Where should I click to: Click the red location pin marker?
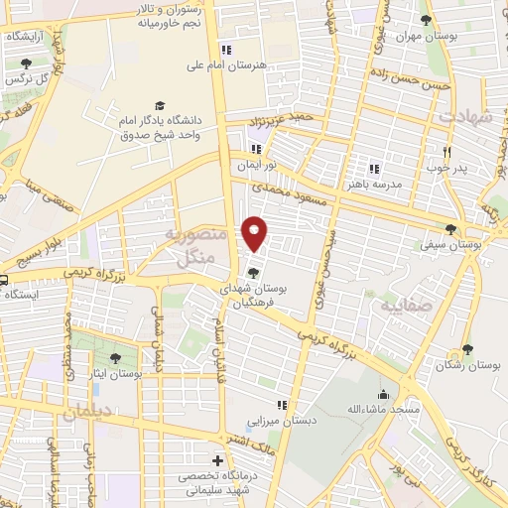click(256, 233)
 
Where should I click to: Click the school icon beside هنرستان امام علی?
click(226, 49)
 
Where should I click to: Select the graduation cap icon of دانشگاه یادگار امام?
click(159, 106)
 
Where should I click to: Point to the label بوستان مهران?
click(426, 36)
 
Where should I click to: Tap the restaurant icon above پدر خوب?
click(447, 152)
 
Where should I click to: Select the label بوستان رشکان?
click(468, 367)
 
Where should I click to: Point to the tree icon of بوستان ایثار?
click(116, 357)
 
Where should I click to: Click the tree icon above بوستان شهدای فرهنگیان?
click(254, 273)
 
